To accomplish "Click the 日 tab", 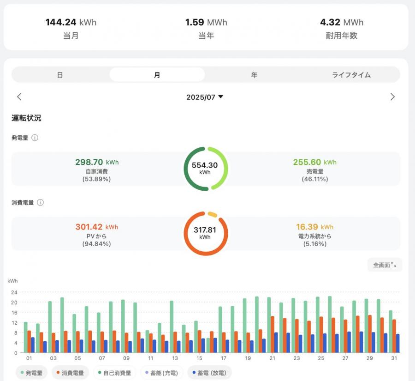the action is [x=60, y=75].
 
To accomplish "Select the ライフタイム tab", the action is [x=351, y=75].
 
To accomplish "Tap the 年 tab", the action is [x=254, y=75].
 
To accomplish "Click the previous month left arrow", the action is [x=19, y=97].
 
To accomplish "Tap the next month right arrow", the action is [x=392, y=97].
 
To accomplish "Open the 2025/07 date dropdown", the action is [x=205, y=97].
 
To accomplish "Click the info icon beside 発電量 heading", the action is [x=35, y=138].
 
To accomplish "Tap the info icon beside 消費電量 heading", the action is [x=40, y=203].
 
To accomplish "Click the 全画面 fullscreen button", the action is [x=385, y=265].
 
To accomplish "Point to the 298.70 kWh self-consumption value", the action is [x=97, y=162].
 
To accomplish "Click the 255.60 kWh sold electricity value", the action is [x=314, y=162].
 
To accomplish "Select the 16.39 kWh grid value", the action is [x=314, y=227].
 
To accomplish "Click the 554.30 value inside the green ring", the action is [x=205, y=165].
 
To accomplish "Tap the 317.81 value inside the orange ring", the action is [x=205, y=230].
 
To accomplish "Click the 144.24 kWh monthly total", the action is [x=71, y=22].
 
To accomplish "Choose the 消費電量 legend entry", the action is [x=70, y=373].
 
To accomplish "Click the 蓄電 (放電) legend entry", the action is [x=209, y=373].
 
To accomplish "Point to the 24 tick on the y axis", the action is [x=14, y=292].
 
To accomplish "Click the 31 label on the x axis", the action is [x=394, y=358].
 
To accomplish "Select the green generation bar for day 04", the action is [x=62, y=325].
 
